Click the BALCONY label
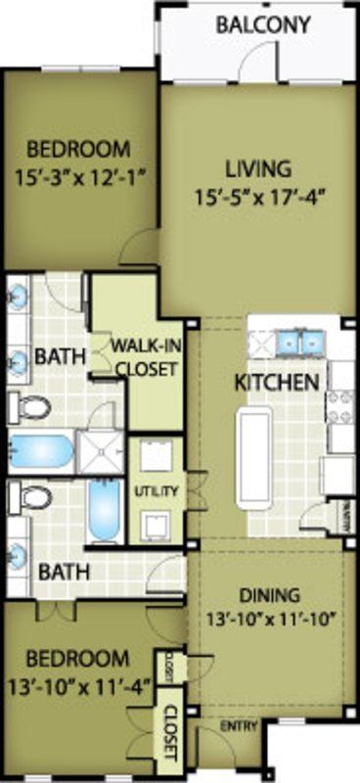(264, 24)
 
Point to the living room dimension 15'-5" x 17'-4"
(258, 195)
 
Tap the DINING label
(269, 595)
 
